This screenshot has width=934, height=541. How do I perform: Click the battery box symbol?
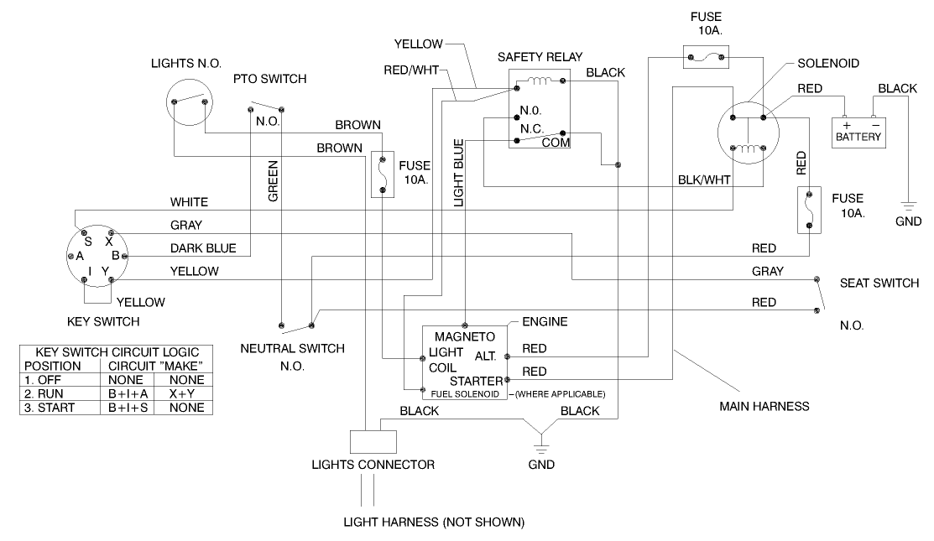tap(858, 132)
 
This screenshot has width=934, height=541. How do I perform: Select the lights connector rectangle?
tap(365, 441)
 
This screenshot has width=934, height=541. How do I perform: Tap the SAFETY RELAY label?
tap(535, 57)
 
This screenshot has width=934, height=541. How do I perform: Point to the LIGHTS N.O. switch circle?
tap(188, 101)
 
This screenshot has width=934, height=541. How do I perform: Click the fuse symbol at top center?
tap(709, 58)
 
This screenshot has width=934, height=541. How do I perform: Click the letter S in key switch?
tap(89, 240)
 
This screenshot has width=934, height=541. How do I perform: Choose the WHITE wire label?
tap(189, 202)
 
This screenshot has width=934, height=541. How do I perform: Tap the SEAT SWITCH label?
tap(879, 283)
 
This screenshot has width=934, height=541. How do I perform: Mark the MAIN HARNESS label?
tap(764, 406)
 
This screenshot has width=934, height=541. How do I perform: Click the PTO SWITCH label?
tap(269, 79)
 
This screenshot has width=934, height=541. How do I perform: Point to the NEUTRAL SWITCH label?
tap(292, 347)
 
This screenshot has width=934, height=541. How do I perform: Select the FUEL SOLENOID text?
tap(465, 393)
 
